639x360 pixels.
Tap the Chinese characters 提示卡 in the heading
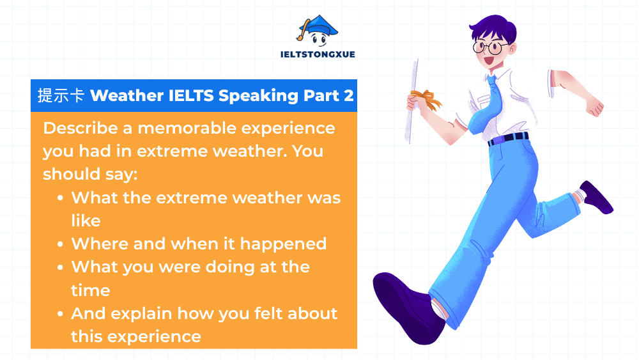(x=61, y=96)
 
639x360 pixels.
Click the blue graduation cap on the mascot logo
(x=318, y=24)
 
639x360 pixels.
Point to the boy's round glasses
(x=491, y=47)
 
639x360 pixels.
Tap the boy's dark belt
(x=508, y=137)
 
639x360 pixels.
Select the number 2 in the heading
(x=348, y=96)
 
